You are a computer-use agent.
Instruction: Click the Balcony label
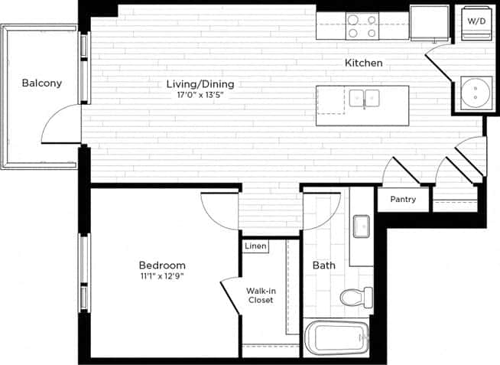[41, 83]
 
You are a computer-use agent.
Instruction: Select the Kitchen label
[363, 63]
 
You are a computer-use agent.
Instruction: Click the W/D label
[475, 21]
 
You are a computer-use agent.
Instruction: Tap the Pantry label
[403, 200]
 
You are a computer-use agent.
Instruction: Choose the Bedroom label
[162, 266]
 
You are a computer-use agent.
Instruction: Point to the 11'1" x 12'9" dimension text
[162, 276]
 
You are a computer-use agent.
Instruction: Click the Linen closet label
[256, 246]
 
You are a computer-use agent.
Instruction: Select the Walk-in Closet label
[261, 295]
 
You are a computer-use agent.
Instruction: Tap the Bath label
[324, 266]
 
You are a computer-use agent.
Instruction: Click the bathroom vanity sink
[362, 227]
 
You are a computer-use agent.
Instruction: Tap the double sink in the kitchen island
[365, 98]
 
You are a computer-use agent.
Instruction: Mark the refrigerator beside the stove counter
[429, 22]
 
